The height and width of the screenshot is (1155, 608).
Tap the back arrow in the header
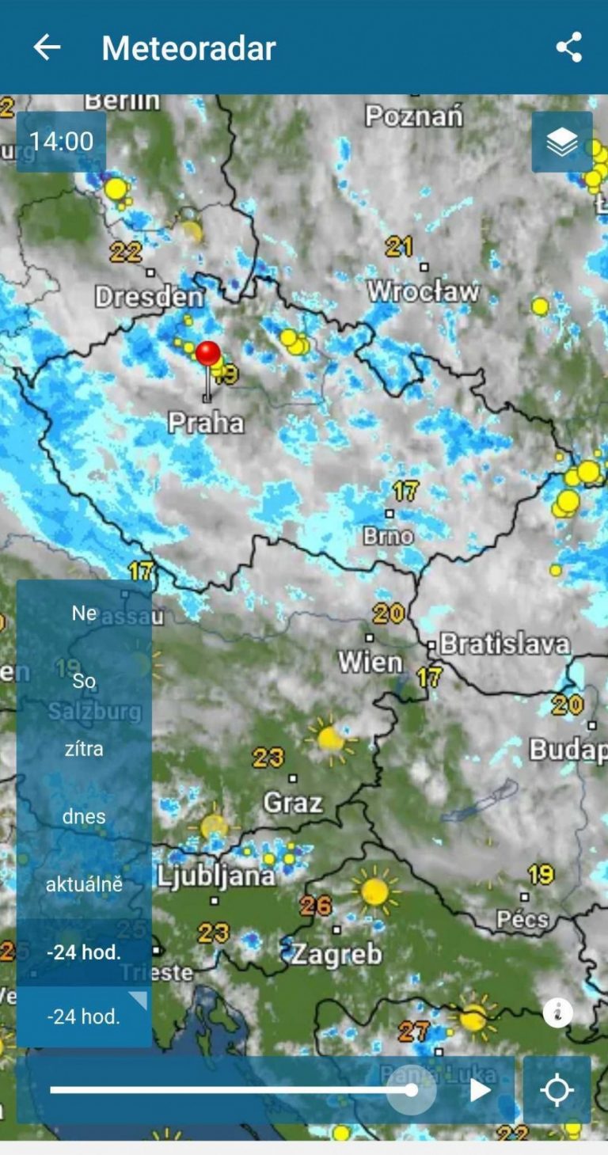click(x=47, y=48)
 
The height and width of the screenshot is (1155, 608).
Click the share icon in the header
click(x=568, y=47)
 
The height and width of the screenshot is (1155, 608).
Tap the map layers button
click(x=562, y=142)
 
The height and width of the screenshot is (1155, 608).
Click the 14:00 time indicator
click(x=62, y=142)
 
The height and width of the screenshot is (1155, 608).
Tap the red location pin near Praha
click(x=208, y=355)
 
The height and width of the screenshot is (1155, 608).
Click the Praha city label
click(x=206, y=422)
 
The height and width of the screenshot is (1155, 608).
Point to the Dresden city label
click(x=149, y=297)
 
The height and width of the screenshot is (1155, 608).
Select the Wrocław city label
click(x=424, y=291)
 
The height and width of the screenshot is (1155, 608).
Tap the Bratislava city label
click(x=504, y=644)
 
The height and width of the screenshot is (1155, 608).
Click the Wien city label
click(x=370, y=661)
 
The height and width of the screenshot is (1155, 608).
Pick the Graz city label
click(x=292, y=803)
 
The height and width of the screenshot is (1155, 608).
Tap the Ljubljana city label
click(x=215, y=876)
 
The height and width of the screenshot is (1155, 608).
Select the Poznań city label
click(x=414, y=116)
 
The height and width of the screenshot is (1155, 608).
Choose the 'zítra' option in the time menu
click(x=84, y=748)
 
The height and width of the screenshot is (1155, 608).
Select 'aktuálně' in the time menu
click(x=84, y=884)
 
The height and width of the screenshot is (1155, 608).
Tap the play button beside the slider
click(x=480, y=1090)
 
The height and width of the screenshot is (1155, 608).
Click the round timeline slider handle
click(x=412, y=1090)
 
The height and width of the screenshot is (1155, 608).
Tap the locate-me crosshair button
click(x=557, y=1090)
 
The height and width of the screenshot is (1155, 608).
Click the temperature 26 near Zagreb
click(x=316, y=905)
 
